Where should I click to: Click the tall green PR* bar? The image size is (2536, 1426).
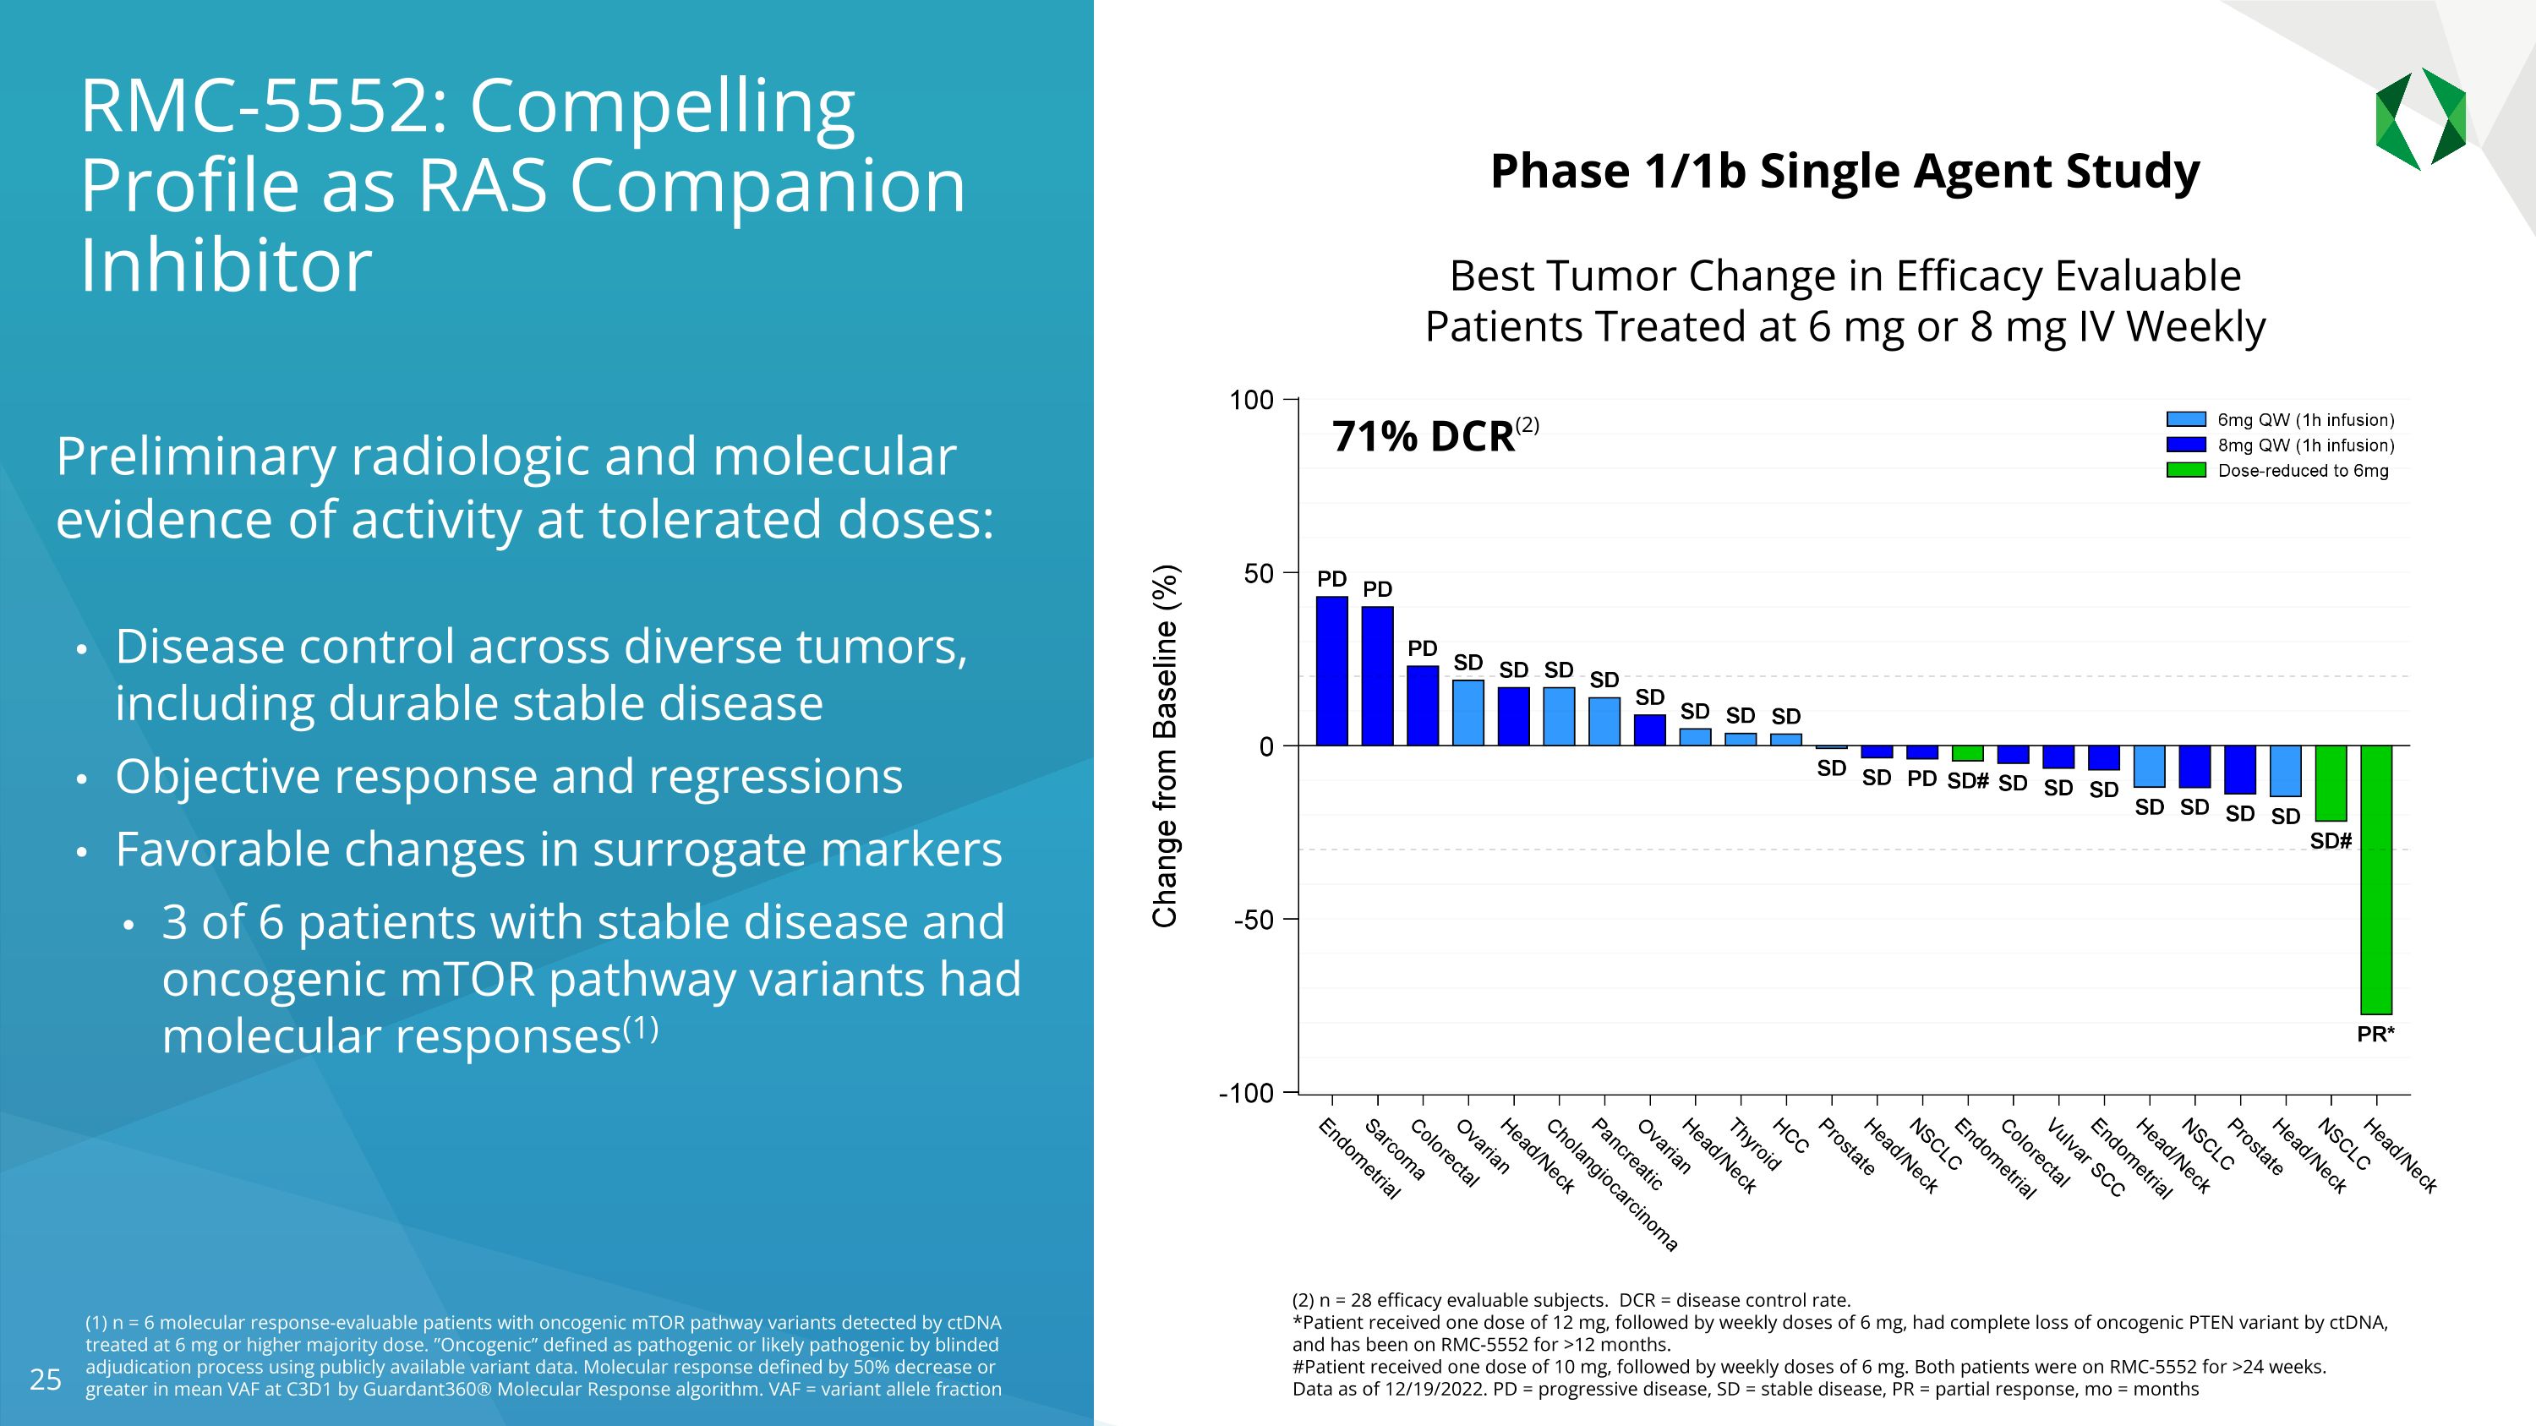[2375, 879]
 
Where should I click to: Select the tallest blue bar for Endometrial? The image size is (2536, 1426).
[1332, 671]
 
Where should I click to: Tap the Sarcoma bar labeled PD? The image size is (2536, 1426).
[1377, 676]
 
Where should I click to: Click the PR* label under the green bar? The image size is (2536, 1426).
[2375, 1035]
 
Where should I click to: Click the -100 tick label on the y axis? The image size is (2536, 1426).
[1246, 1093]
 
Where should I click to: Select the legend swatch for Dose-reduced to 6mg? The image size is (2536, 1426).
[2185, 471]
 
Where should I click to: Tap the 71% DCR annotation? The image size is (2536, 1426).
[1423, 436]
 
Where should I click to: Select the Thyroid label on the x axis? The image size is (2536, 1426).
[1755, 1145]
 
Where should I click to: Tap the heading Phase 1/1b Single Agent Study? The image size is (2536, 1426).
[1844, 172]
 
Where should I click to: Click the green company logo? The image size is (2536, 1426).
[2420, 119]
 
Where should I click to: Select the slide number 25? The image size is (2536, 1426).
[46, 1380]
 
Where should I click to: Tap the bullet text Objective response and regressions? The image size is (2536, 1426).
[508, 777]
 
